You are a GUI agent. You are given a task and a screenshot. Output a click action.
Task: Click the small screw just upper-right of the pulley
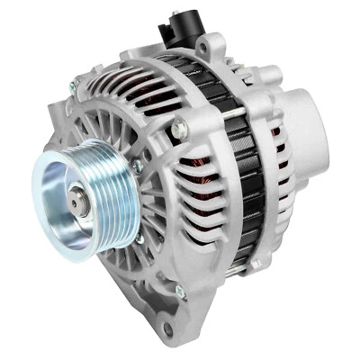pos(137,166)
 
